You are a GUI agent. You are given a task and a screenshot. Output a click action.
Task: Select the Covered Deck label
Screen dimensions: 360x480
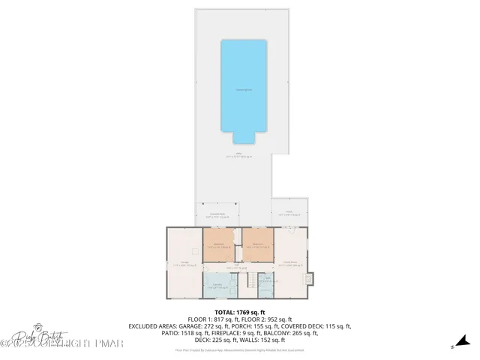217,215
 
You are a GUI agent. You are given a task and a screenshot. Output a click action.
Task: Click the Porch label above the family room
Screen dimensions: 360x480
290,214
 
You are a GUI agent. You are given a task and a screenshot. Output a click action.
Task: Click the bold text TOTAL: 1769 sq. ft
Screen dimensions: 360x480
240,312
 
